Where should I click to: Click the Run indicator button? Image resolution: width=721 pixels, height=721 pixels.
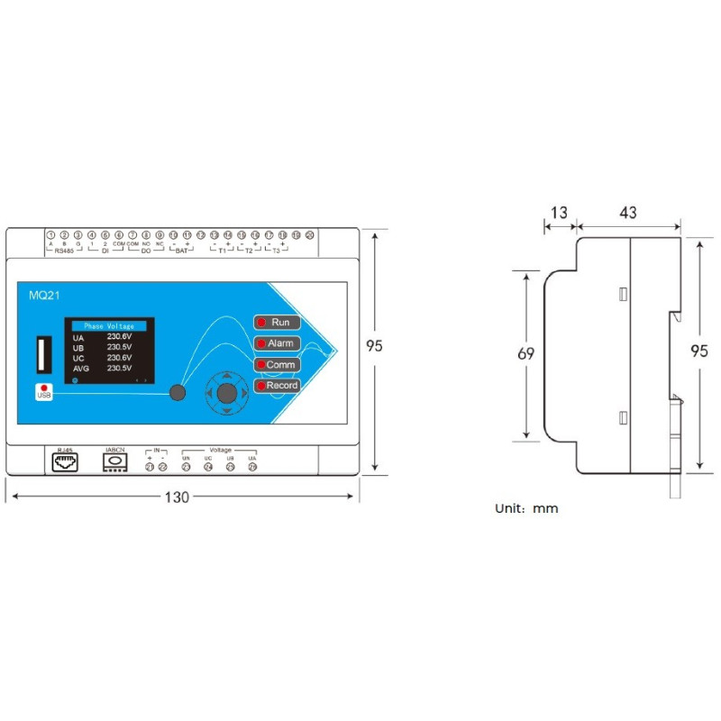pos(277,322)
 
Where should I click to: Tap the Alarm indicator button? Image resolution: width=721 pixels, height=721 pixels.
pos(277,343)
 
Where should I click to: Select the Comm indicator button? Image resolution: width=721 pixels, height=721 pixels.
pos(277,365)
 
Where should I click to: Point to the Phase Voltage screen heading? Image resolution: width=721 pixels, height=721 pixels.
pos(108,325)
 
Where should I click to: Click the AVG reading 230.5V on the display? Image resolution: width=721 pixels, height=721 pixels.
pos(119,368)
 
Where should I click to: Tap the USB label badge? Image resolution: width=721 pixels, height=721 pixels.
pos(44,392)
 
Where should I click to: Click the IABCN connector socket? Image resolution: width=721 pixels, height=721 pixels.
pos(115,460)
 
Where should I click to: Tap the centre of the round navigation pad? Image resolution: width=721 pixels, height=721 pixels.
pos(227,392)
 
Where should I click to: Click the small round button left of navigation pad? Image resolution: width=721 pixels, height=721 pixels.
pos(178,392)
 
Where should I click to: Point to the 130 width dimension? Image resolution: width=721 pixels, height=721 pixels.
pos(178,497)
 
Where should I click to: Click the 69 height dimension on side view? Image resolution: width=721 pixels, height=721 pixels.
pos(525,354)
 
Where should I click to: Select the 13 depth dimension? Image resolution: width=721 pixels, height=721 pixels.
pos(559,213)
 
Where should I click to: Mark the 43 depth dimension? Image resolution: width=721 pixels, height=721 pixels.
pos(628,213)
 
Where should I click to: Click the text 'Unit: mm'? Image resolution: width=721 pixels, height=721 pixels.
pos(526,508)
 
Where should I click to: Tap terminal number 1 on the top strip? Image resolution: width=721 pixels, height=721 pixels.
pos(51,235)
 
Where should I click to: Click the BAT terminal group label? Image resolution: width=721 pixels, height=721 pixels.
pos(180,252)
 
